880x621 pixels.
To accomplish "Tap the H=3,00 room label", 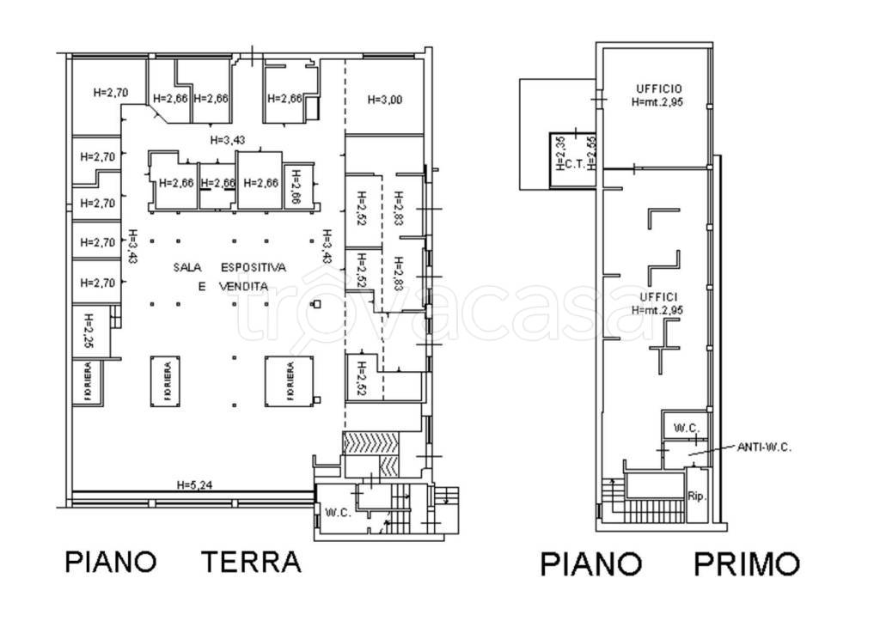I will tap(385, 100).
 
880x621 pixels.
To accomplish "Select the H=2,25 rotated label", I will tap(89, 331).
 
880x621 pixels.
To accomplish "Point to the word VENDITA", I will tap(242, 286).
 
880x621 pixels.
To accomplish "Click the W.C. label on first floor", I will tap(685, 428).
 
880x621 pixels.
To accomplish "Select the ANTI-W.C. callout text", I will tap(765, 447).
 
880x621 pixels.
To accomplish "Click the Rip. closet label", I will tap(695, 495).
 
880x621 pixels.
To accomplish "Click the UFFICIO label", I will tap(659, 88).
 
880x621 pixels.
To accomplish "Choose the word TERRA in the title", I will tap(252, 563).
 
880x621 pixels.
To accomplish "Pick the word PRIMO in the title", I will tap(747, 564).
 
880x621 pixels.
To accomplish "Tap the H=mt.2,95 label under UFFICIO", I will tap(659, 101).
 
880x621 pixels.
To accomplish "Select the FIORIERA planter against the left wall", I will tap(87, 382).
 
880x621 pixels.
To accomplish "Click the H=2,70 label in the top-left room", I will tap(110, 92).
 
